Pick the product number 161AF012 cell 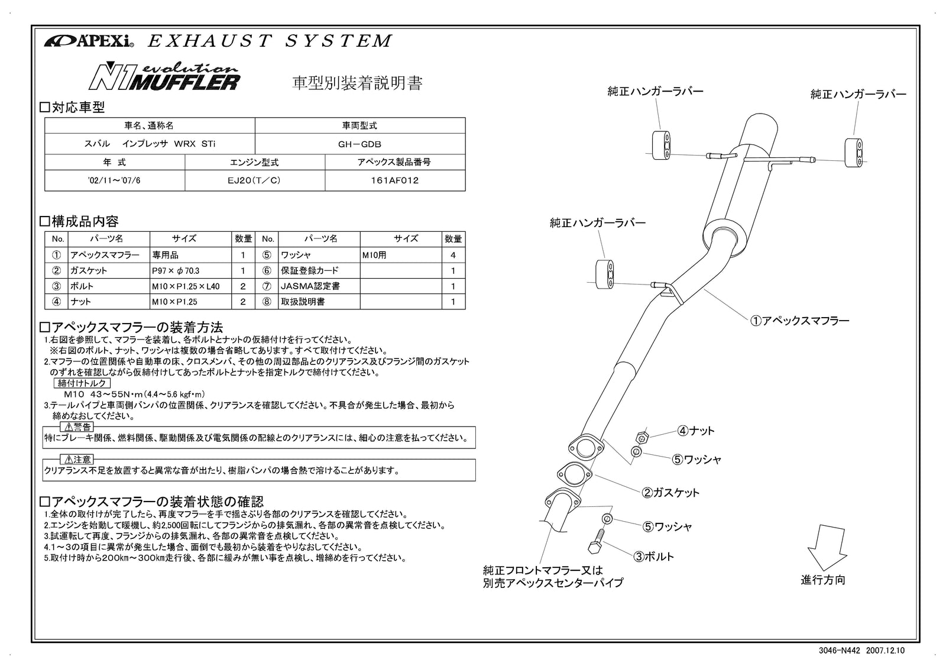tap(394, 180)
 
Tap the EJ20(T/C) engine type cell tap(254, 180)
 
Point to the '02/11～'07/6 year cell tap(114, 180)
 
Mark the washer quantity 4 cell tap(453, 256)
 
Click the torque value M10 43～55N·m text tap(134, 395)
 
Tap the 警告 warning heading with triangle tap(77, 426)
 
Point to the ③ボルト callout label tap(653, 557)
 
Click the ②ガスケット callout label tap(670, 493)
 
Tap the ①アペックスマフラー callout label tap(799, 321)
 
